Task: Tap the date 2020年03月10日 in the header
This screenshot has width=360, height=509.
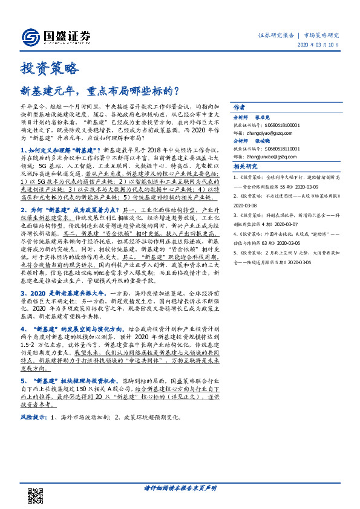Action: coord(319,46)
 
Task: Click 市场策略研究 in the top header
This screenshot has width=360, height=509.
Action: coord(321,35)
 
